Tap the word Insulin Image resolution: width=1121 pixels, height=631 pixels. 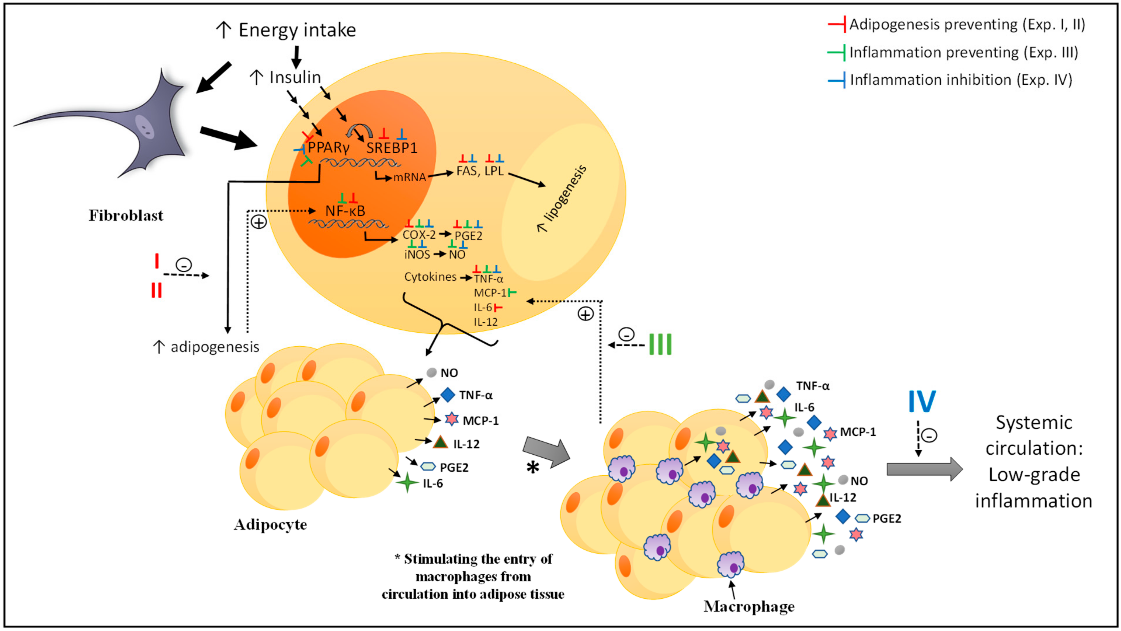click(x=295, y=77)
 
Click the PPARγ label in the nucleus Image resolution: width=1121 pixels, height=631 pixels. click(x=329, y=148)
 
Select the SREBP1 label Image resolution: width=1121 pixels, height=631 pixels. click(x=392, y=148)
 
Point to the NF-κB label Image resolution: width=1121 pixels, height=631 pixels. click(x=345, y=211)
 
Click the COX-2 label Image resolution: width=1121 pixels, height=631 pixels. click(x=419, y=235)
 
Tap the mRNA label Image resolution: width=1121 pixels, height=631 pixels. click(x=409, y=178)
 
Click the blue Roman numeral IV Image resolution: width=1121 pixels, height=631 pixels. click(x=922, y=401)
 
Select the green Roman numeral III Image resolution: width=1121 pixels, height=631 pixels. click(x=660, y=344)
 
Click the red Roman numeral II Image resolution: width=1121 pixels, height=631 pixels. click(x=156, y=290)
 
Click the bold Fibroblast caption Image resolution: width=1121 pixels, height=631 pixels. click(x=126, y=215)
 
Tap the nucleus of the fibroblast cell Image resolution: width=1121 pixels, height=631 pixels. click(x=145, y=127)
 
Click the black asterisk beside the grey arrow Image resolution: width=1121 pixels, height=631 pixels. click(x=533, y=468)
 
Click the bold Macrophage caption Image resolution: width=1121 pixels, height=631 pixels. click(x=748, y=606)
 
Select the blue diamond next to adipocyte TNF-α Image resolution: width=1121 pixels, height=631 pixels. click(x=448, y=395)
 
